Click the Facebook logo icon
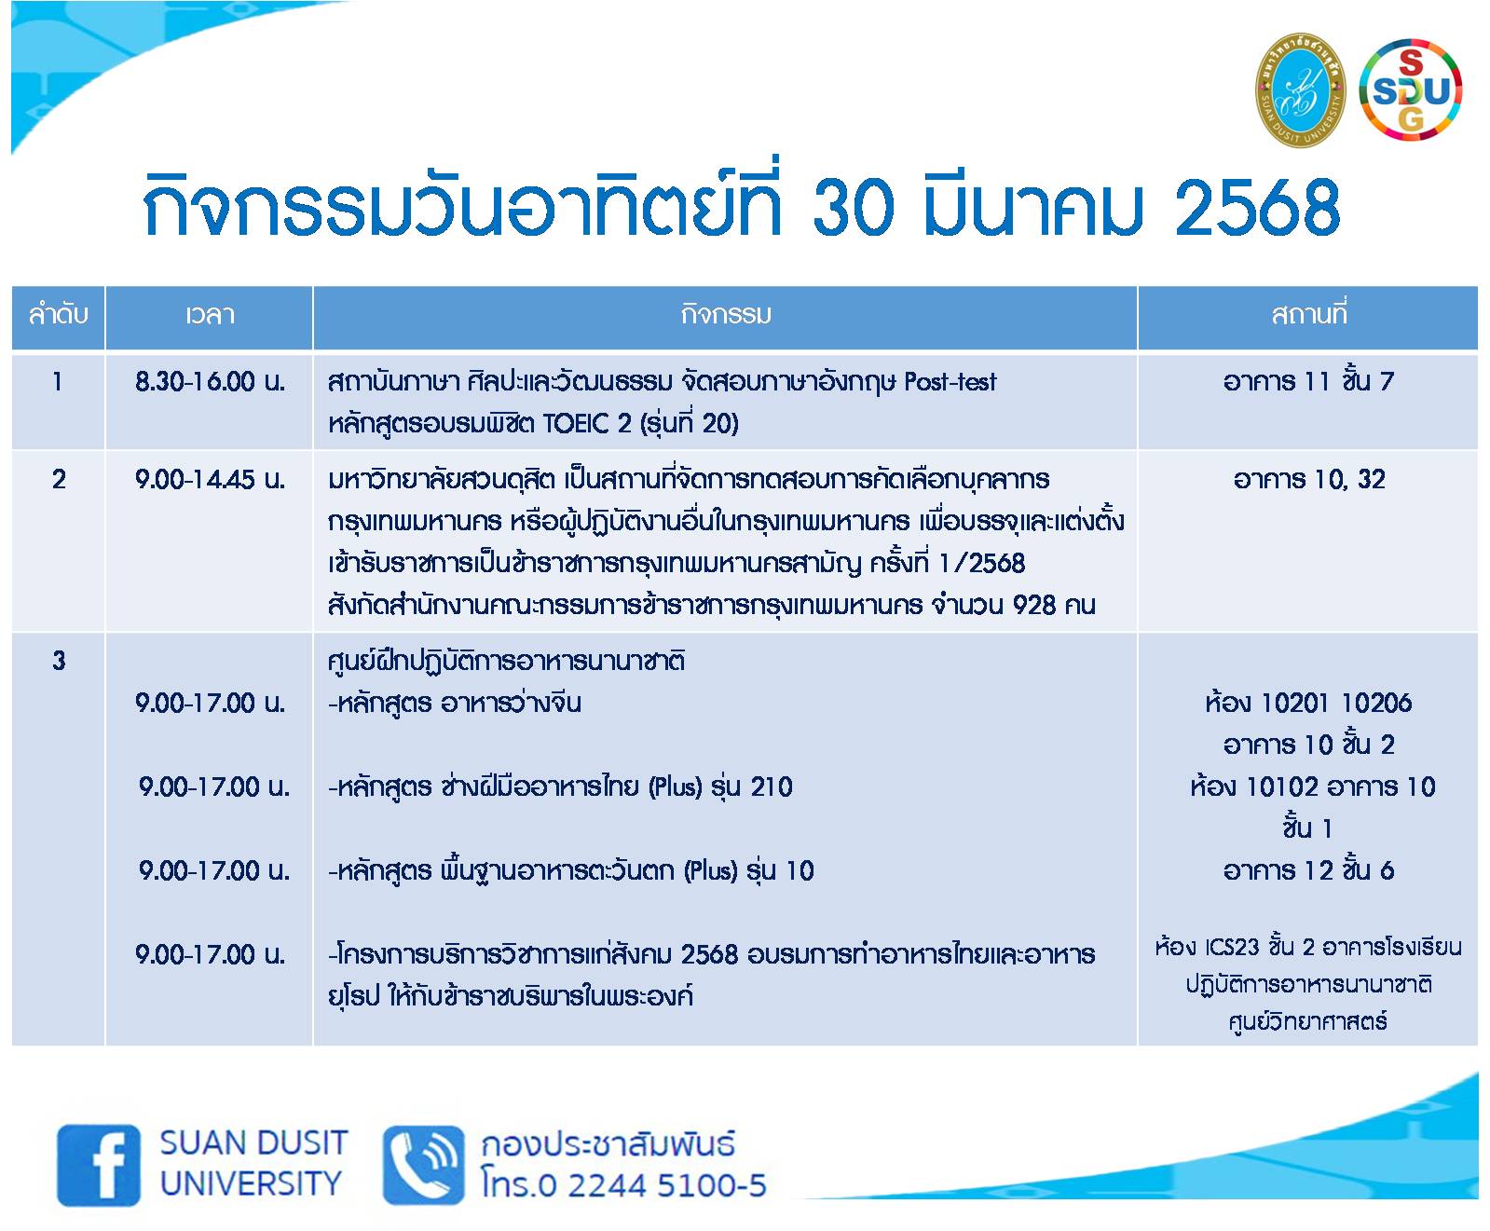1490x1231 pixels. [99, 1165]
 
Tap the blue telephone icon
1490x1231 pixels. [423, 1165]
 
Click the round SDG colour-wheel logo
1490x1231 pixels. [1411, 89]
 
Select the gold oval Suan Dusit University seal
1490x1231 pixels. [1300, 89]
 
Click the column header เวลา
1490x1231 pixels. [209, 315]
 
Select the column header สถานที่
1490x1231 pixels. [1308, 315]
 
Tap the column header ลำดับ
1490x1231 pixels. [58, 315]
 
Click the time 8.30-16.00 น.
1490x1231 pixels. [210, 381]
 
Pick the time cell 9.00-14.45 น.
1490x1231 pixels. [210, 480]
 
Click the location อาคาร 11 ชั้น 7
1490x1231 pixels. [1308, 380]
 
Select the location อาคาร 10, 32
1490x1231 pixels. [1308, 479]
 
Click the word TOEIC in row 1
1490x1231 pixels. [574, 423]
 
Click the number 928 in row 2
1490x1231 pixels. [1034, 605]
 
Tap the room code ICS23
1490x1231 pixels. [1232, 947]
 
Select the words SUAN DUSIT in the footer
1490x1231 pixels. [253, 1142]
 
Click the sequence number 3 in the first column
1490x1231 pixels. [59, 662]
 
